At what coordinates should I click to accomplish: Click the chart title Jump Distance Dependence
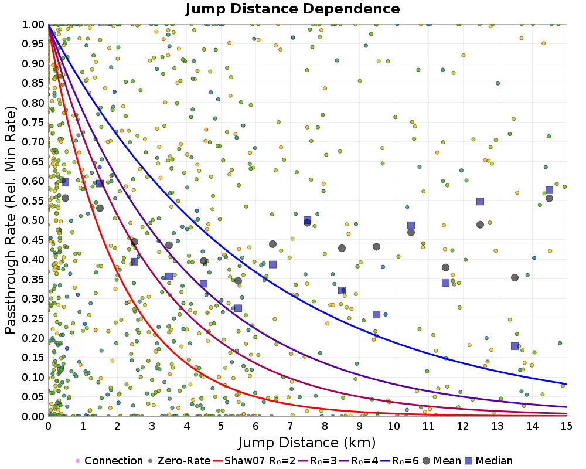coord(292,9)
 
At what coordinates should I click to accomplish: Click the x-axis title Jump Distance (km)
coord(306,442)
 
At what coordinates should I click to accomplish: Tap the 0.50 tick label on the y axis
coord(34,220)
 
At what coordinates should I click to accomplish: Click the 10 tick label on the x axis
coord(394,426)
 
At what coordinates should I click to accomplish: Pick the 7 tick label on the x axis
coord(290,426)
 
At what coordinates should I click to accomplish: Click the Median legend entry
coord(491,461)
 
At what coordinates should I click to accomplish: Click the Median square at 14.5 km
coord(549,190)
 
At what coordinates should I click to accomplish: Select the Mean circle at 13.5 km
coord(515,277)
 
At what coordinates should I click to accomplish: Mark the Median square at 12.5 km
coord(480,201)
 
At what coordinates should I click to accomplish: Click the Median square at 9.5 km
coord(376,314)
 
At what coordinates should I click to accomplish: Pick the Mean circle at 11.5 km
coord(445,267)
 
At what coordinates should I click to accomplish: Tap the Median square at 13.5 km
coord(515,346)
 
